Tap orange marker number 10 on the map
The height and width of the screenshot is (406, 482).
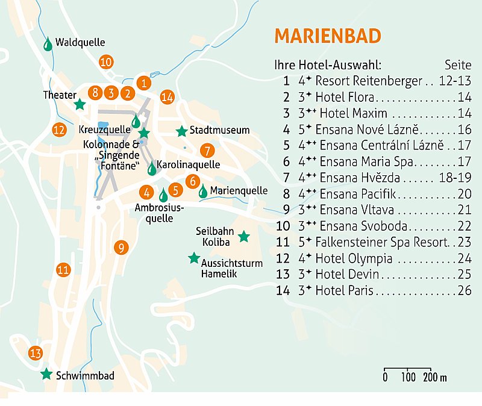click(x=106, y=61)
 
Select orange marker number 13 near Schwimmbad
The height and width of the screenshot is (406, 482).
click(x=36, y=353)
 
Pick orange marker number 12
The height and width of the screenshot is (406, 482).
click(x=58, y=129)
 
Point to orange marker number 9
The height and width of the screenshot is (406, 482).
click(x=120, y=247)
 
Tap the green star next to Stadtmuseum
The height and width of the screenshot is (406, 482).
click(x=181, y=131)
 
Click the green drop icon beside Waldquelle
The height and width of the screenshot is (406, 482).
click(x=48, y=43)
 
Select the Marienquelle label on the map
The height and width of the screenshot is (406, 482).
click(x=239, y=190)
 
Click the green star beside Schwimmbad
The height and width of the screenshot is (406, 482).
click(x=46, y=374)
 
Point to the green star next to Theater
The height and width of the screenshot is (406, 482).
click(x=79, y=104)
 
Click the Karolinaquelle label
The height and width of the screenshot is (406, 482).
click(x=188, y=164)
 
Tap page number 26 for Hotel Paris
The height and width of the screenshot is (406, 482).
click(x=464, y=292)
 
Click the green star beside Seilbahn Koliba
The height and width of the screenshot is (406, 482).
click(x=243, y=237)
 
